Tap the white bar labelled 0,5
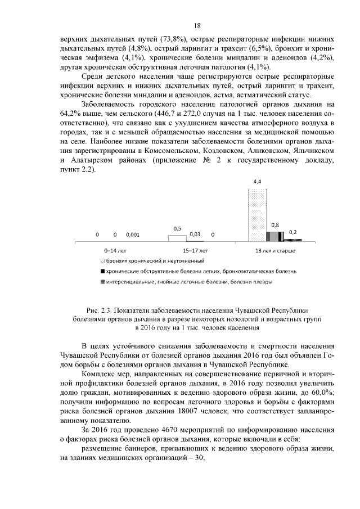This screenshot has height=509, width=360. tap(177, 238)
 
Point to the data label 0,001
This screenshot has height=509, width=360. tap(133, 234)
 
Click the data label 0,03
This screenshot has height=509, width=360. tap(195, 234)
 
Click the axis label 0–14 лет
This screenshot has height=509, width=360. tap(116, 250)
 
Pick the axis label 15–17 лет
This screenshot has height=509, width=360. tap(195, 250)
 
